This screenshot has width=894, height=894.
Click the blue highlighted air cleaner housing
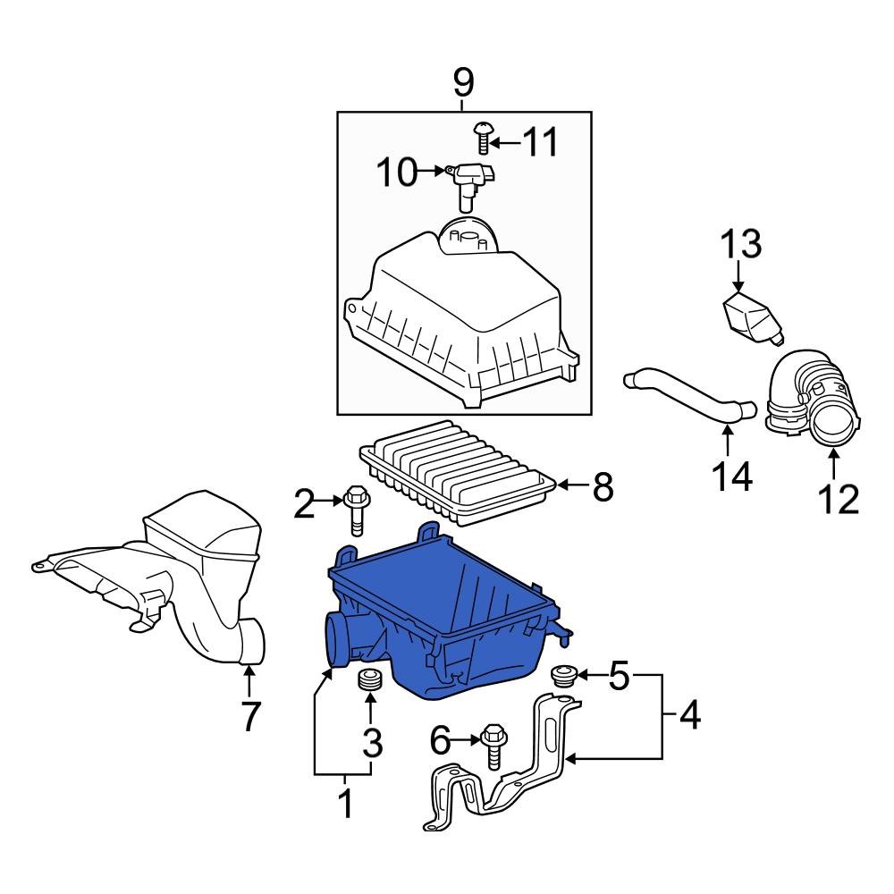[x=447, y=626]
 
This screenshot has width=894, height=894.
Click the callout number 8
[x=603, y=487]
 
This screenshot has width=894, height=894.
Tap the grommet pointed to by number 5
[x=562, y=675]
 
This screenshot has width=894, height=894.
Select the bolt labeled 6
[x=492, y=744]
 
